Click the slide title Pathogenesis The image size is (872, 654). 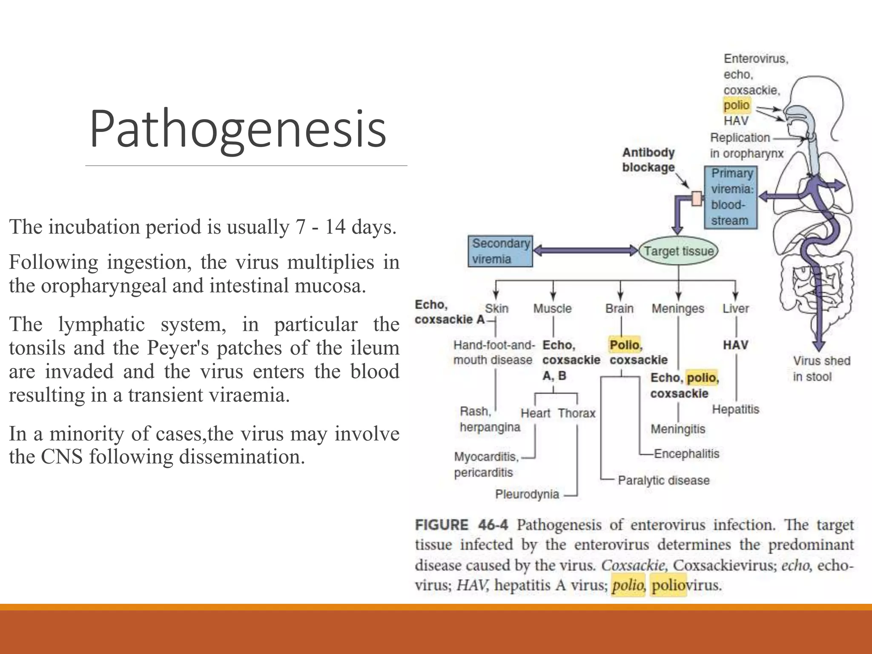pos(238,129)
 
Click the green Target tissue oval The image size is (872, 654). pos(678,251)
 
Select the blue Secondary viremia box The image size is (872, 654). pos(500,251)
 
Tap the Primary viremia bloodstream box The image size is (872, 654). pos(731,198)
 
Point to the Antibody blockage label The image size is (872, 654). pos(648,160)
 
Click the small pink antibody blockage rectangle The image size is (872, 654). pos(697,198)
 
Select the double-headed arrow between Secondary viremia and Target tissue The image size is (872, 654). pos(586,250)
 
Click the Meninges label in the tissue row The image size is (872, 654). pos(678,308)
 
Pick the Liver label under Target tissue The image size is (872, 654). pos(735,308)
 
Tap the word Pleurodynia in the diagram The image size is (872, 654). pos(527,494)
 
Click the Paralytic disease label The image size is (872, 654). pos(663,480)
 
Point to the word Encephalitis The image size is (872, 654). pos(686,454)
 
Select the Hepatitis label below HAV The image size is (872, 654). pos(735,410)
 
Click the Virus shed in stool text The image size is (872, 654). pos(821,369)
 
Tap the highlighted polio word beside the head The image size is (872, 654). pos(736,105)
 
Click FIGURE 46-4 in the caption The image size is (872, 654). pos(461,525)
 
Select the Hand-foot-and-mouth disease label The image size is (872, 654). pos(493,353)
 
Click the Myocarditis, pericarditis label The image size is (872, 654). pos(486,465)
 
